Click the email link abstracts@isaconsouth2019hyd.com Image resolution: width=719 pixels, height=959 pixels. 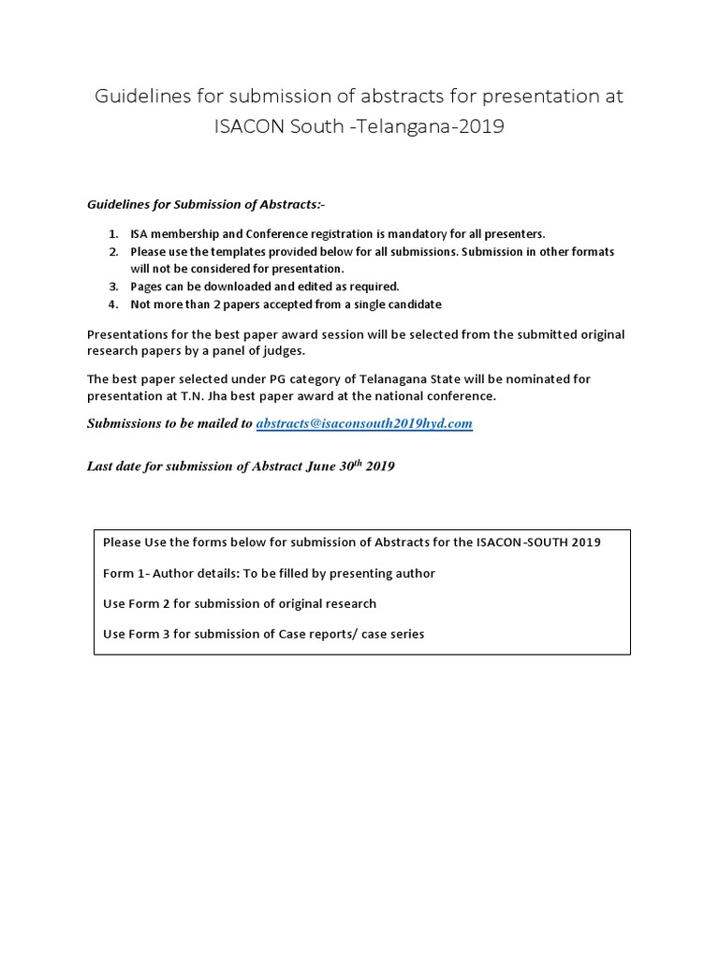pos(364,423)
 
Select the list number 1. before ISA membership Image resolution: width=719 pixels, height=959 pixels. pos(112,234)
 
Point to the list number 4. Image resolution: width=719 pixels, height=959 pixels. pos(112,304)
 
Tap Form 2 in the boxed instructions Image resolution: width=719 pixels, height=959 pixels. pos(148,603)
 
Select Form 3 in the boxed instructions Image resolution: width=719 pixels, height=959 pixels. pos(148,634)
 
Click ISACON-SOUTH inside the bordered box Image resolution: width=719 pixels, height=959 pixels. pos(522,542)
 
